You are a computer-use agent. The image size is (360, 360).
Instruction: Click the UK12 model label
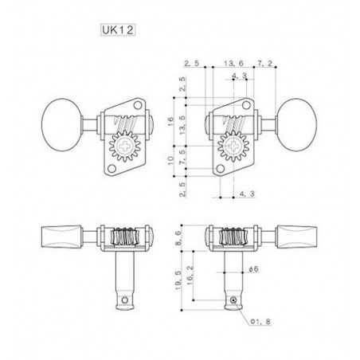(x=118, y=29)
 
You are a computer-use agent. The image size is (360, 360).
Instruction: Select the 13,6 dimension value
(x=233, y=63)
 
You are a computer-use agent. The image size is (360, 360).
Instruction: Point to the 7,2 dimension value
(x=264, y=63)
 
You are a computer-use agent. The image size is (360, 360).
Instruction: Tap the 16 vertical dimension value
(x=170, y=121)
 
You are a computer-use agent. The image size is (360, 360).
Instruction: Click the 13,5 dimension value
(x=182, y=125)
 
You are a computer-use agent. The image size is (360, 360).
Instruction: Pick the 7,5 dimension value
(x=182, y=157)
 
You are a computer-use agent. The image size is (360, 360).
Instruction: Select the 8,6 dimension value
(x=178, y=237)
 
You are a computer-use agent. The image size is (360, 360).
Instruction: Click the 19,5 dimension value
(x=178, y=280)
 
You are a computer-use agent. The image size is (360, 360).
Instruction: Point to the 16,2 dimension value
(x=190, y=275)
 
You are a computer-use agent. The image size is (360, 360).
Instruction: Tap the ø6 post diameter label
(x=253, y=269)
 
